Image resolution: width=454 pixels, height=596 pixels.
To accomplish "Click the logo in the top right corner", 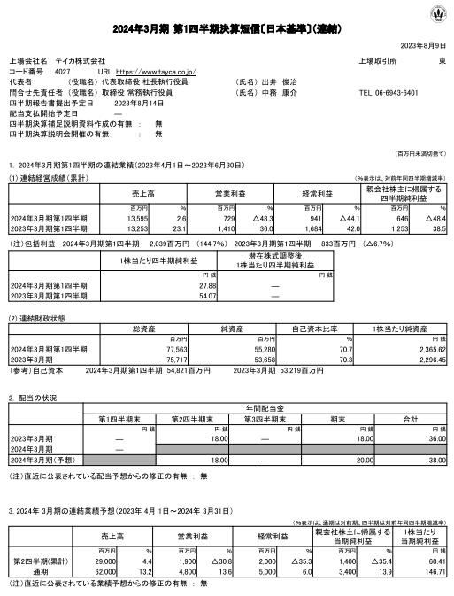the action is click(x=435, y=14).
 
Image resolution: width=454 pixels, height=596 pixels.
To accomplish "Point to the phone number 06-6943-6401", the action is click(x=389, y=91).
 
